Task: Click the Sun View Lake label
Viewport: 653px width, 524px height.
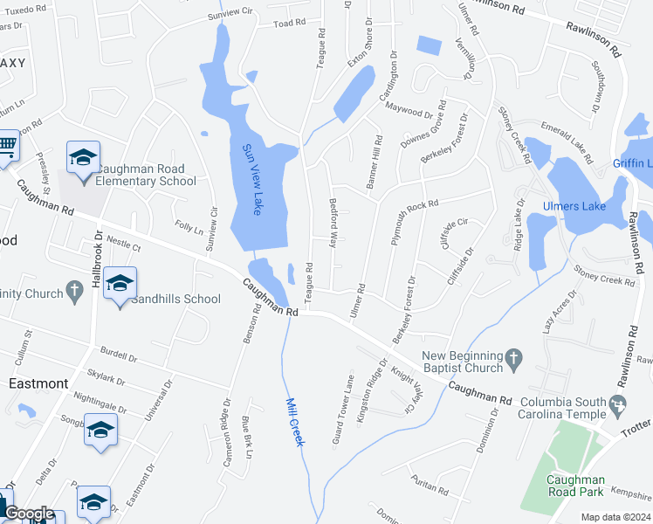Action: tap(251, 180)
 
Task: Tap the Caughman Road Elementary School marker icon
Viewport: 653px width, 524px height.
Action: tap(84, 158)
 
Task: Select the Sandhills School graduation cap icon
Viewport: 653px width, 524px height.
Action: tap(120, 284)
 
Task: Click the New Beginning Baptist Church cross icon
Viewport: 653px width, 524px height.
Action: tap(514, 356)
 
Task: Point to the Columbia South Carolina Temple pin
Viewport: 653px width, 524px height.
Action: tap(619, 404)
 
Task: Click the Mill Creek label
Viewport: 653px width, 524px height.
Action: tap(295, 422)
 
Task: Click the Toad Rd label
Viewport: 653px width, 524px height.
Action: tap(289, 24)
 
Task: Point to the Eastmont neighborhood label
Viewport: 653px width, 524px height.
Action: tap(38, 383)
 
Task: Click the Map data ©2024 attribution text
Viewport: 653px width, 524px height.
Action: tap(615, 517)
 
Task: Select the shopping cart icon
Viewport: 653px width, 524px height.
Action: tap(7, 146)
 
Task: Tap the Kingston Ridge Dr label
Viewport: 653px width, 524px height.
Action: tap(374, 390)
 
